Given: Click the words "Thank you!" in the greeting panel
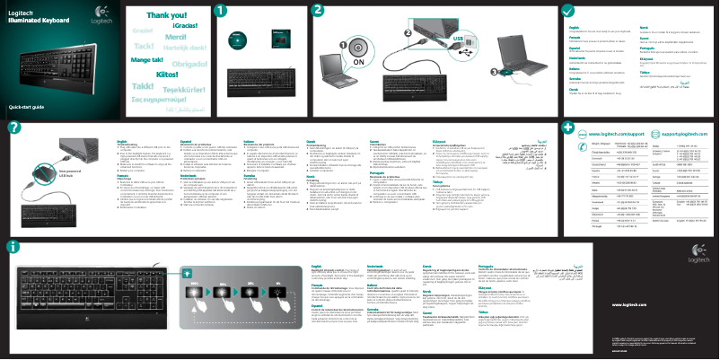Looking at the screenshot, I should (167, 15).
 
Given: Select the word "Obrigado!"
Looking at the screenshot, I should (189, 65).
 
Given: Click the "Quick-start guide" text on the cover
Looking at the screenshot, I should (27, 107).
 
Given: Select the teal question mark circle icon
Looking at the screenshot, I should (12, 128).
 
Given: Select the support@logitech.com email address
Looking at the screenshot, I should (679, 131).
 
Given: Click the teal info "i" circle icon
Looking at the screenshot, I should (11, 246).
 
